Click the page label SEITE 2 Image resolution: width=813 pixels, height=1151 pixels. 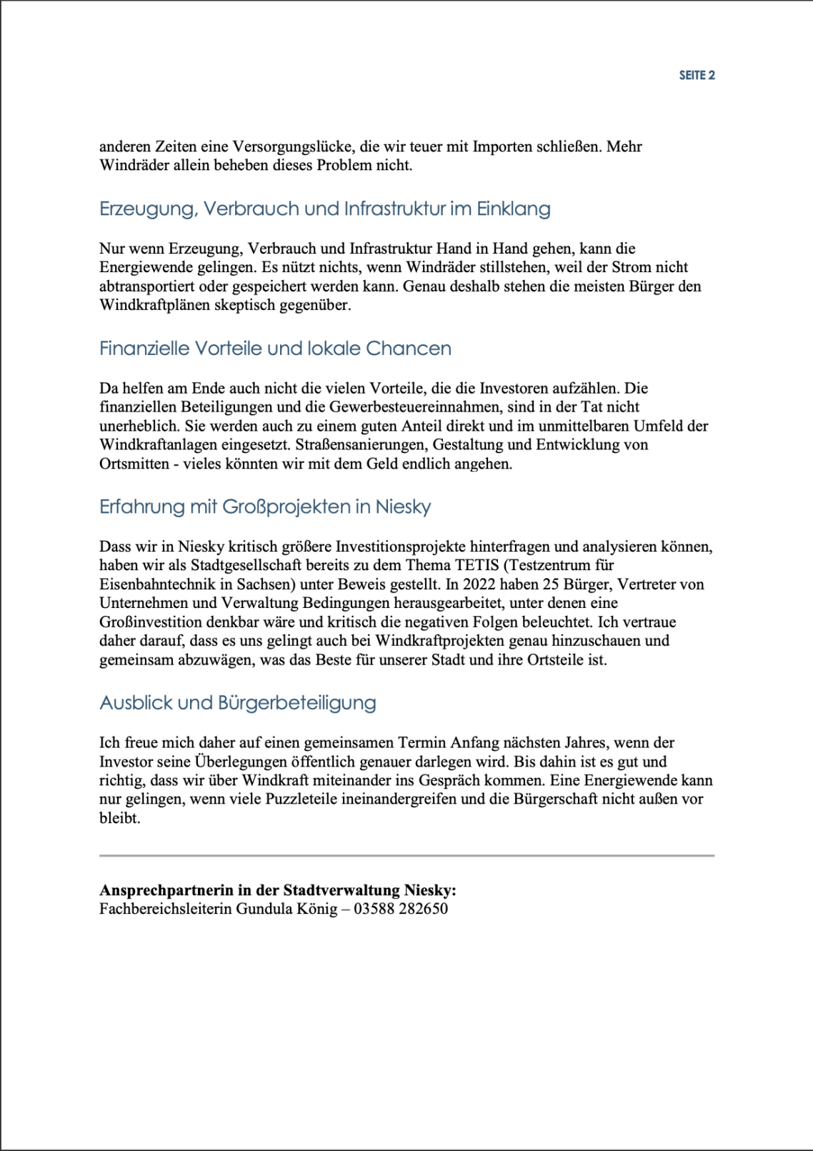[697, 75]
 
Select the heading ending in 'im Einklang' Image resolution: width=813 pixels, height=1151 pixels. [325, 209]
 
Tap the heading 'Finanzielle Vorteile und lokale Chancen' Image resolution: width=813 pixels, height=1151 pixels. [275, 349]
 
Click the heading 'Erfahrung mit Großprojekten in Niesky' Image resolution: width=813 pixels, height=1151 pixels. [265, 507]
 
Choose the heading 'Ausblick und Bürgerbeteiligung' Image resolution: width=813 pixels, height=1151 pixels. [238, 703]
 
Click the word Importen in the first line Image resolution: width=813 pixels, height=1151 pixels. [501, 146]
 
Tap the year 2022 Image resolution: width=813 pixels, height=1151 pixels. [479, 584]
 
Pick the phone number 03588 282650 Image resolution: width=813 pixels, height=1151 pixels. [401, 909]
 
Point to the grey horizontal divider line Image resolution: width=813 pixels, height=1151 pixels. [406, 855]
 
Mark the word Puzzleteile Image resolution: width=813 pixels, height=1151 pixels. [304, 799]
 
